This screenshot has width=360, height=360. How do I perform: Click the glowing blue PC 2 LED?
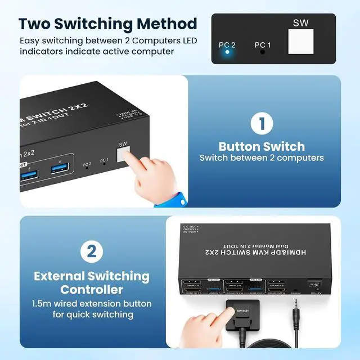[x=227, y=52]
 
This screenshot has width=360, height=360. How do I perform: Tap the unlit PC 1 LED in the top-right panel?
[x=263, y=52]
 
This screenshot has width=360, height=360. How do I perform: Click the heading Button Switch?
[x=262, y=146]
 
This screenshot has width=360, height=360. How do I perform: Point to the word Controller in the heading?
[x=92, y=290]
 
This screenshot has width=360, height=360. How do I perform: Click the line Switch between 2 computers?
[x=262, y=158]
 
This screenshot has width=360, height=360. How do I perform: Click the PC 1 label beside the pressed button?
[x=104, y=161]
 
